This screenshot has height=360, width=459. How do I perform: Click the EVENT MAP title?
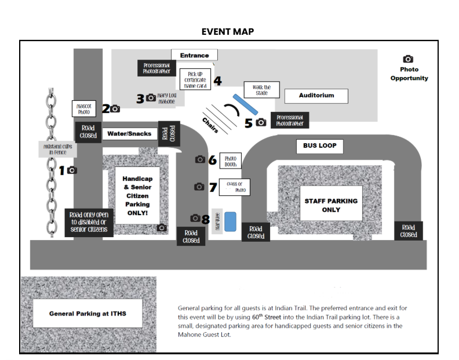click(x=228, y=31)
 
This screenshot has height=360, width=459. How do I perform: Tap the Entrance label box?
click(x=194, y=56)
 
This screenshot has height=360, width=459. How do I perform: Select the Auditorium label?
click(x=316, y=96)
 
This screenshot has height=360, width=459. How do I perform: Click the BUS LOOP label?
click(x=319, y=146)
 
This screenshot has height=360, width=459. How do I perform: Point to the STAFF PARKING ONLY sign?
click(x=331, y=205)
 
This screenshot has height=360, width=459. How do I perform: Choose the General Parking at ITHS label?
click(x=88, y=314)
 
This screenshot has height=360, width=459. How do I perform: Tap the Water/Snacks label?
click(x=129, y=134)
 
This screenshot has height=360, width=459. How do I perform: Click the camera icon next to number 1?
click(x=72, y=170)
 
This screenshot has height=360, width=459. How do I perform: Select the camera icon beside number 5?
click(x=261, y=122)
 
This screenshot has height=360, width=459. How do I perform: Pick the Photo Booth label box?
click(x=230, y=161)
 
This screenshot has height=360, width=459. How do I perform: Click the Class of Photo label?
click(x=235, y=187)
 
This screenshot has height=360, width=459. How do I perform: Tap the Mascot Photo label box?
click(x=84, y=109)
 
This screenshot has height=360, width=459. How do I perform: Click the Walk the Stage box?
click(x=261, y=90)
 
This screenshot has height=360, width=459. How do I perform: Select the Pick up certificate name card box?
click(x=195, y=80)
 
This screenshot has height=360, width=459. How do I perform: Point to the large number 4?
click(x=217, y=81)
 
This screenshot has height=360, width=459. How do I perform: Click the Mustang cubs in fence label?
click(x=58, y=150)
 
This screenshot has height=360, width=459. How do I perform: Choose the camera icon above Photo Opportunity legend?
click(x=408, y=59)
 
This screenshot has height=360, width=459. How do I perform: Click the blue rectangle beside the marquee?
click(x=231, y=221)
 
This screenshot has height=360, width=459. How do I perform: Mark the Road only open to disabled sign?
click(x=88, y=222)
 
